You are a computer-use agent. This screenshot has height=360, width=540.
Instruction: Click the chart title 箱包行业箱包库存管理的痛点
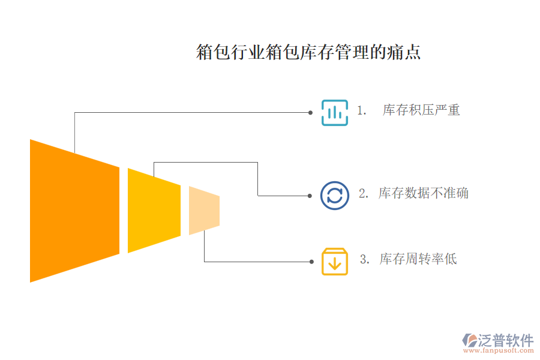308,52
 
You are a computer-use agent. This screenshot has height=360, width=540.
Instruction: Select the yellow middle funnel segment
154,211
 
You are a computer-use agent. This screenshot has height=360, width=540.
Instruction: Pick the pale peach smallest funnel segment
204,211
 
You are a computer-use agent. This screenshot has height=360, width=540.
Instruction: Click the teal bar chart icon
334,113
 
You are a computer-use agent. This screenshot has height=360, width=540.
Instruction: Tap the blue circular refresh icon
334,196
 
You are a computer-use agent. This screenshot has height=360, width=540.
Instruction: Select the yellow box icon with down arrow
334,262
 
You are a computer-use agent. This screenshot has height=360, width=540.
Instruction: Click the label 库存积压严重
421,110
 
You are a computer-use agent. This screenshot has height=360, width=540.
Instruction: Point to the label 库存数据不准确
423,193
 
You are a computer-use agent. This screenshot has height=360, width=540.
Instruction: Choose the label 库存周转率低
418,259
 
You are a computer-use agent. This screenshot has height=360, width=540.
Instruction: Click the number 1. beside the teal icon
361,110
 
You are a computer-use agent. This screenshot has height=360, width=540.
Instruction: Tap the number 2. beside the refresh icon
364,193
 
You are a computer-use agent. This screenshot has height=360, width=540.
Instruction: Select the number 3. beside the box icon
365,259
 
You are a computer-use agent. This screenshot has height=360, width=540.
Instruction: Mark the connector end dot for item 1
310,113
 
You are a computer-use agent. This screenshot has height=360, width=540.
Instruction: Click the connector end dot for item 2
310,196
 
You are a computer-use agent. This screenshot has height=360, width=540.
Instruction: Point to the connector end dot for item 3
311,262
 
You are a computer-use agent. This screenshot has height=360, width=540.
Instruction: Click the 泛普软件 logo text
506,340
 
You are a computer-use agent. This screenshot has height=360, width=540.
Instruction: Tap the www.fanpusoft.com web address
499,350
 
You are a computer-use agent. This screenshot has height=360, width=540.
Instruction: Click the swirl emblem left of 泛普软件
470,340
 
